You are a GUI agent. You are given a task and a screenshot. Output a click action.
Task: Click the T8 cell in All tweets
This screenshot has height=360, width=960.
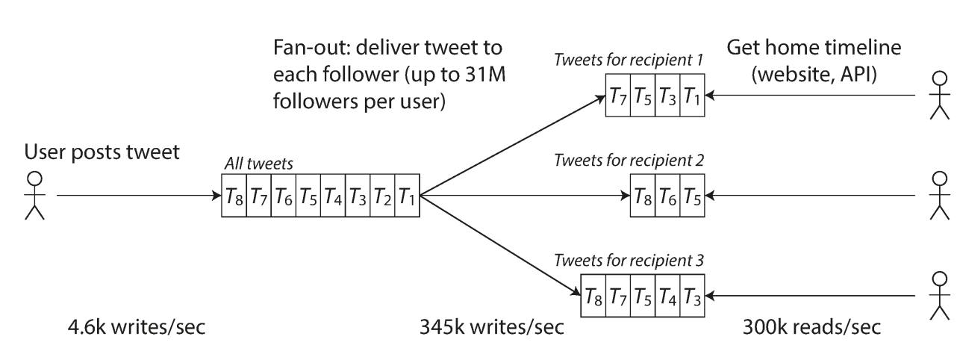[234, 196]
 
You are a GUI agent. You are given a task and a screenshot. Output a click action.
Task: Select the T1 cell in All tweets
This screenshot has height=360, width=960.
[407, 196]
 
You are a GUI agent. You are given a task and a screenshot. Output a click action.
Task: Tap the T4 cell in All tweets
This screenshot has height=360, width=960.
[333, 196]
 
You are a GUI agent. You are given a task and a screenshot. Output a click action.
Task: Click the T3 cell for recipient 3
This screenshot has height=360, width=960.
[693, 293]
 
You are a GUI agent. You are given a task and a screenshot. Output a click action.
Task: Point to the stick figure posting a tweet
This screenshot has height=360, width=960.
[34, 196]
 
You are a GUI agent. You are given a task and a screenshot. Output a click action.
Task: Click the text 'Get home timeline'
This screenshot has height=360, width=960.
[813, 49]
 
